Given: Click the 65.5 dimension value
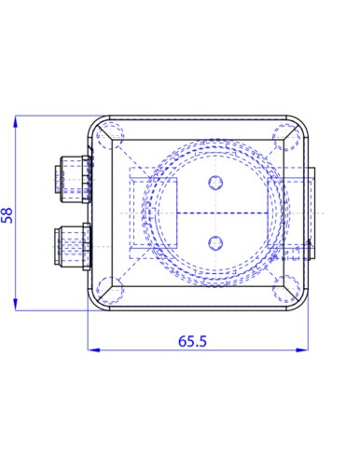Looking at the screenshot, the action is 192,341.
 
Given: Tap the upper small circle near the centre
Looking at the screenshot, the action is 215,183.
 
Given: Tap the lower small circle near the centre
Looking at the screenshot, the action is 215,243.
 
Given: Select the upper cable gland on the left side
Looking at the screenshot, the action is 74,179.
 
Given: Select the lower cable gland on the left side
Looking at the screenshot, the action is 73,246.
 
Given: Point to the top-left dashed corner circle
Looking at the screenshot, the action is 110,136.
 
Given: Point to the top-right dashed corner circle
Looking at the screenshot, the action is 286,137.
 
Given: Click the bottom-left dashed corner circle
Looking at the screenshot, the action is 110,290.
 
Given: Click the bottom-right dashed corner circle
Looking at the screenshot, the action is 286,289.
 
